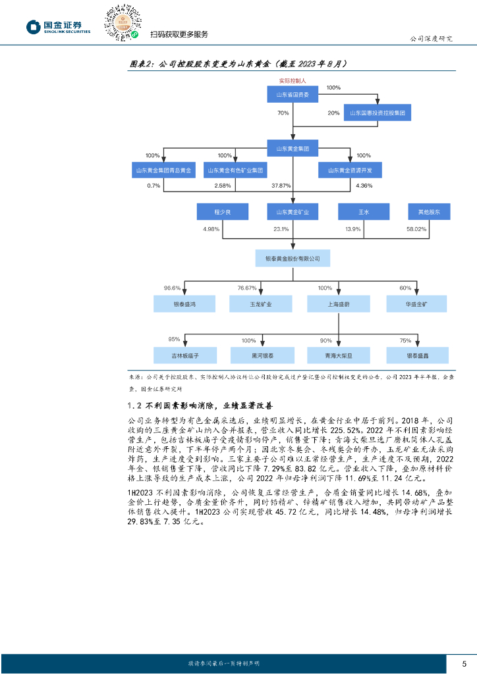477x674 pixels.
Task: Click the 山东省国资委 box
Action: (x=293, y=95)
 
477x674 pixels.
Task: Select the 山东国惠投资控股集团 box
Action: (x=378, y=113)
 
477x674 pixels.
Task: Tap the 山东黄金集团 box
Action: (x=293, y=148)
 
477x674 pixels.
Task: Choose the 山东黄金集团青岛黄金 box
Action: (x=163, y=170)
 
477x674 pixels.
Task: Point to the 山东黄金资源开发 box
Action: (x=351, y=170)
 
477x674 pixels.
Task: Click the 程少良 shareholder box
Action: (x=222, y=212)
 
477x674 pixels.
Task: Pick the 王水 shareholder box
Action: (x=363, y=212)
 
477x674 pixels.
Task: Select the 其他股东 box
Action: (x=429, y=212)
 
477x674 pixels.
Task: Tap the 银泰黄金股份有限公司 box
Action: (x=293, y=258)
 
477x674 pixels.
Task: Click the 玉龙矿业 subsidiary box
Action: (x=261, y=304)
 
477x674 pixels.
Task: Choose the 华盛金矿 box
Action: (x=416, y=304)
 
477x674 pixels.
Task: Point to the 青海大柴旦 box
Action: (x=339, y=355)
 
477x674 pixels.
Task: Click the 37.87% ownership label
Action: (x=281, y=186)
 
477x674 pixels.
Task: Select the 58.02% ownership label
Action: (x=416, y=229)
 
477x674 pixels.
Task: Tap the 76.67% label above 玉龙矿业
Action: (x=247, y=288)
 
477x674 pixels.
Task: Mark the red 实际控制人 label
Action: (x=293, y=80)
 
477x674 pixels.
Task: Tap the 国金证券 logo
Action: (x=59, y=27)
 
